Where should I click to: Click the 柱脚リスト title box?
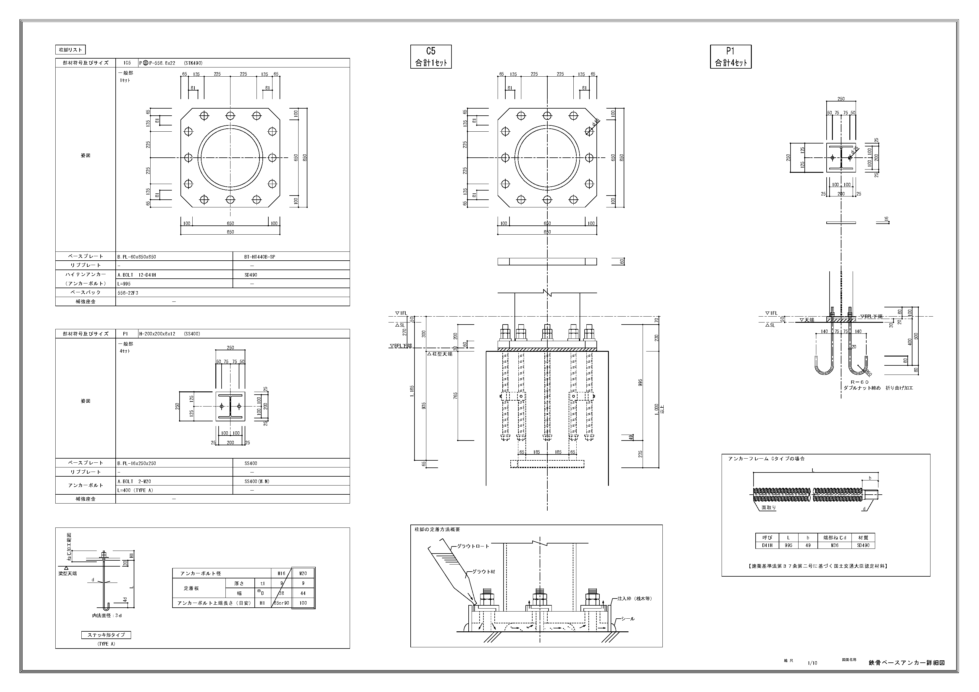70,50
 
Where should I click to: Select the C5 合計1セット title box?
431,57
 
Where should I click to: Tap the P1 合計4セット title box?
730,57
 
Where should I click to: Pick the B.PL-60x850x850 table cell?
136,257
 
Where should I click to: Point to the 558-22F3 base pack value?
128,293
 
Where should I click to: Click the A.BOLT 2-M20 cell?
134,481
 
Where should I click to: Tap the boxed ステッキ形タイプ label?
106,635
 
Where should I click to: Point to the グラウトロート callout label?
473,546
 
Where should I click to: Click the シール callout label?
628,619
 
